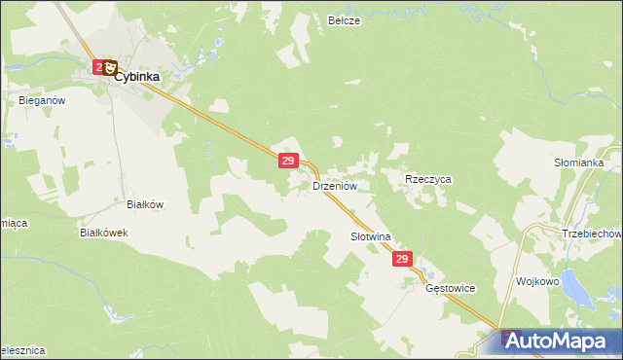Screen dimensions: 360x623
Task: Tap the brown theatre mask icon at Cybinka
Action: click(111, 68)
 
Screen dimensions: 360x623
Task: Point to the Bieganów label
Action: click(41, 99)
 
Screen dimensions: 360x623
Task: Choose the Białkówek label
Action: click(104, 234)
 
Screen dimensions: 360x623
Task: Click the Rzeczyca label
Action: click(428, 180)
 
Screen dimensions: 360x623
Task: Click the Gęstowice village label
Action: click(451, 289)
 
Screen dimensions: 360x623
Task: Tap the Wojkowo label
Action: click(538, 280)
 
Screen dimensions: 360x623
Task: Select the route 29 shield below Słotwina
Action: click(404, 260)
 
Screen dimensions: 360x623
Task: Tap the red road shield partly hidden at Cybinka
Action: click(99, 66)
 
